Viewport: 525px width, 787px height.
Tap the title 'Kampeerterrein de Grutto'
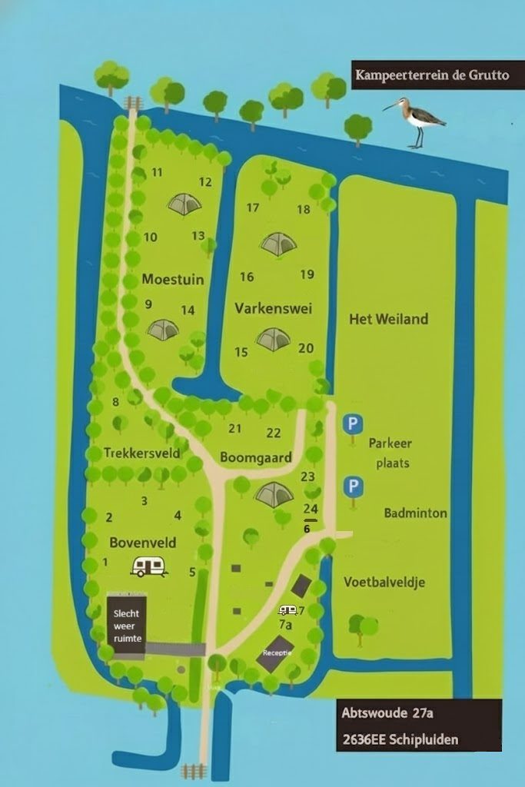(431, 76)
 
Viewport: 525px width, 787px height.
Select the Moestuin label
(173, 280)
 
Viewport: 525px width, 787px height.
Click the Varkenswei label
(267, 308)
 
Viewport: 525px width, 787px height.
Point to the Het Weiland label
(388, 319)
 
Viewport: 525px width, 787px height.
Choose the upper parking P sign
(352, 423)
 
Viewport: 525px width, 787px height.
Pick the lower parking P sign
(353, 486)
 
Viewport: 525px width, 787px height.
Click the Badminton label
(416, 513)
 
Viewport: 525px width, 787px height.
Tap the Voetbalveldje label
(384, 582)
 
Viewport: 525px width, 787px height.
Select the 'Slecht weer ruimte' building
(127, 626)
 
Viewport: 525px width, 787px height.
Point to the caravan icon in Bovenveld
(149, 567)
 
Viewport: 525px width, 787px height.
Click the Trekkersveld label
(142, 453)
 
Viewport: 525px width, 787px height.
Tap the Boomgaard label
(256, 458)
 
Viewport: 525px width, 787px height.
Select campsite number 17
(253, 208)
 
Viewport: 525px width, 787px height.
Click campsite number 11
(157, 172)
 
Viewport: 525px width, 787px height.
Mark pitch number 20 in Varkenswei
(306, 348)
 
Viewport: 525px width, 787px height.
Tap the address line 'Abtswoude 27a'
(387, 714)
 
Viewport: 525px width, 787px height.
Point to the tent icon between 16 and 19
(278, 244)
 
